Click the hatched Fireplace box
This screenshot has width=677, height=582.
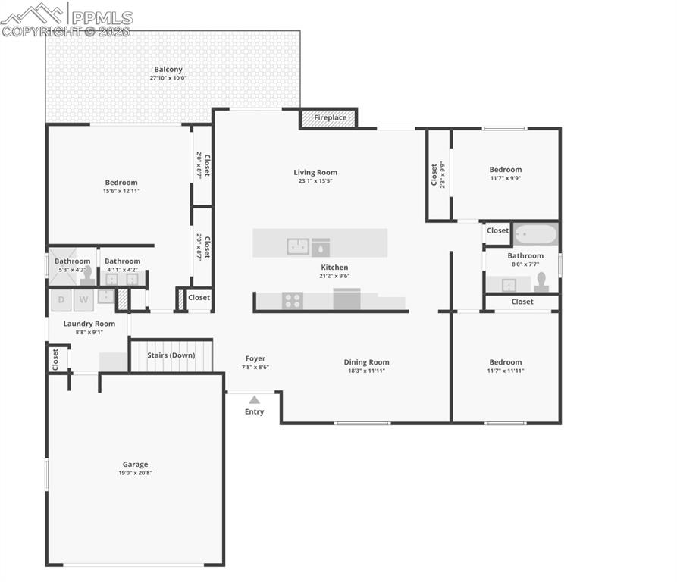coord(329,118)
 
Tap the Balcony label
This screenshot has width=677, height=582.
coord(168,70)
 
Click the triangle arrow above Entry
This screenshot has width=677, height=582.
coord(254,399)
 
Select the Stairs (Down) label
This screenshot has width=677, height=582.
coord(171,355)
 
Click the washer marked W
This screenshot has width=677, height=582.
coord(83,299)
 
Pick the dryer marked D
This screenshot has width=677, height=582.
coord(61,299)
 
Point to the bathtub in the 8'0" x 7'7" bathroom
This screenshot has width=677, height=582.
coord(535,233)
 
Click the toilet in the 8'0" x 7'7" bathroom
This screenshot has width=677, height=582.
coord(541,282)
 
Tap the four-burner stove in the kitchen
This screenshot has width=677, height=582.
coord(293,301)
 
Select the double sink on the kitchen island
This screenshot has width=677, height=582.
coord(298,246)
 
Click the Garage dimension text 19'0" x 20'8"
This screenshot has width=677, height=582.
coord(136,473)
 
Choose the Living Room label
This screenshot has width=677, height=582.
coord(315,173)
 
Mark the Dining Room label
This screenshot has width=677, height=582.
coord(366,362)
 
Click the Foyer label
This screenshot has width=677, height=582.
coord(255,358)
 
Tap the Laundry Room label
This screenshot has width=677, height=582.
coord(89,324)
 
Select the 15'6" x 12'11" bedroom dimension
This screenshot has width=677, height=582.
coord(121,191)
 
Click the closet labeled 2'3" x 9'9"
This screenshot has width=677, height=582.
coord(437,175)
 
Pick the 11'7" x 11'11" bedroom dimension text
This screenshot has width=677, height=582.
coord(505,371)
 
